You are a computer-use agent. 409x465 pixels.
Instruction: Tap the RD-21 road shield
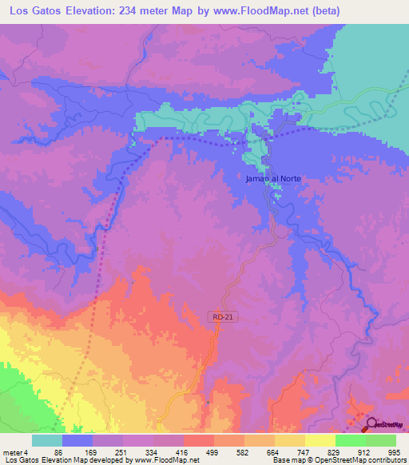click(x=224, y=317)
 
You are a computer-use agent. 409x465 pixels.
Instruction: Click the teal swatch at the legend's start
click(x=47, y=440)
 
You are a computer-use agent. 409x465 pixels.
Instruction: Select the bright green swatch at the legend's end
click(x=381, y=440)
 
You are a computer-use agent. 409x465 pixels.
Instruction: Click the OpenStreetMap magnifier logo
click(x=369, y=424)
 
